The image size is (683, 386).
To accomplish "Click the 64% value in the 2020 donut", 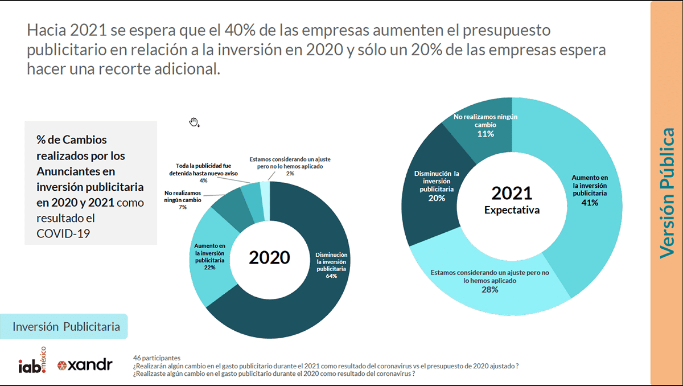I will coord(331,276).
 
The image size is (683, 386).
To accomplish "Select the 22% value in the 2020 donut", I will coord(209,268).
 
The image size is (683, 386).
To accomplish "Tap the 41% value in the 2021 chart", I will coord(590,202).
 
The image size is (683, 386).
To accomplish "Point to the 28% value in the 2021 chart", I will coord(489,290).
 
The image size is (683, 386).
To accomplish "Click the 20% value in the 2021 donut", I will coord(437,198).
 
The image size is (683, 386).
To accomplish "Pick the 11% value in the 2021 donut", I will coord(485,134).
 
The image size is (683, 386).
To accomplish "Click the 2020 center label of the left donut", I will coord(269,257).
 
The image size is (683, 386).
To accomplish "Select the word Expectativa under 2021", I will coord(512,210).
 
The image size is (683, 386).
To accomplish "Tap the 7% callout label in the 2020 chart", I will coord(183,207).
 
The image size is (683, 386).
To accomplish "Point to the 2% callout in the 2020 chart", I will coord(290,173).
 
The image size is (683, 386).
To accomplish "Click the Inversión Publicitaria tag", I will coord(66,327).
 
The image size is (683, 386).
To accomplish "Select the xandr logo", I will coord(85,365).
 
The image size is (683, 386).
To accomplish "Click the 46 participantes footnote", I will coord(157,358).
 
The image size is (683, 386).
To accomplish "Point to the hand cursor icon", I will coord(194,122).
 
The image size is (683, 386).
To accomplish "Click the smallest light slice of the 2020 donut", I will coord(265,188).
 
